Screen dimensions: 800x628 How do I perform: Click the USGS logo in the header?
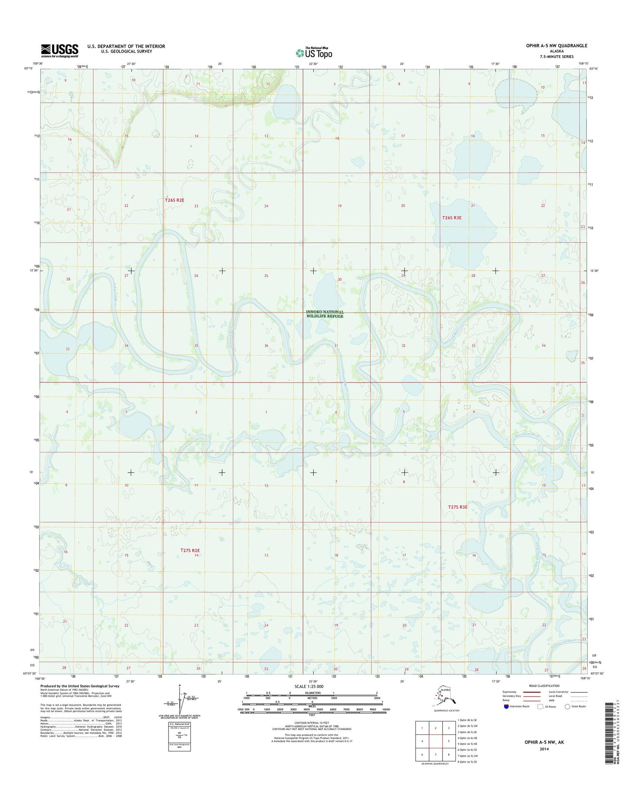[x=60, y=50]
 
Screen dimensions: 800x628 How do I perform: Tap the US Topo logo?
[x=314, y=53]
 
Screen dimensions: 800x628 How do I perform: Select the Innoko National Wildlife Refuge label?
[x=325, y=314]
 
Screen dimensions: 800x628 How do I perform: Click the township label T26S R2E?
[x=175, y=200]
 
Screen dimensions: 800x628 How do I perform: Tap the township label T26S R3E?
[x=452, y=218]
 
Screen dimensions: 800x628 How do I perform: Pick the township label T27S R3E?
[x=458, y=507]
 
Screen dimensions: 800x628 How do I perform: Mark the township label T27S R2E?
[x=190, y=550]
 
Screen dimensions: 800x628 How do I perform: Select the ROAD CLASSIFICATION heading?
[x=545, y=686]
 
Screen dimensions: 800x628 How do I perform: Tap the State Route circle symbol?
[x=567, y=706]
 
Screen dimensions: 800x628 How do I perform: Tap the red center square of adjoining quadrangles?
[x=435, y=741]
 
